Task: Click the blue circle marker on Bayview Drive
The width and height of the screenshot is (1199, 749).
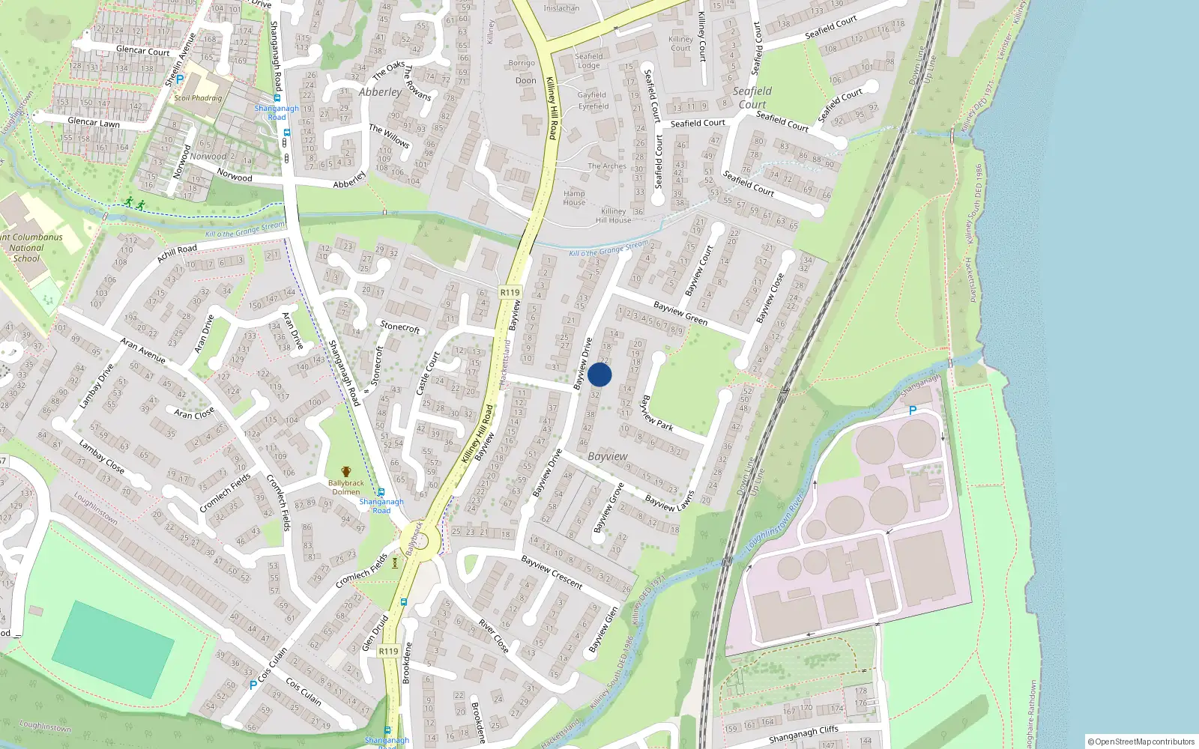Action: pos(599,375)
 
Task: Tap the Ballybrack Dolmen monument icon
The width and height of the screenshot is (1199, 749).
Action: pos(345,471)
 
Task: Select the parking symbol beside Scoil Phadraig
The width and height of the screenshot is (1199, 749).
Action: pos(180,79)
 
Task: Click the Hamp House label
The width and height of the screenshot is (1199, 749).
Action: pos(574,198)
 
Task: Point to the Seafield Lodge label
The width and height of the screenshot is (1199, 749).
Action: pos(588,61)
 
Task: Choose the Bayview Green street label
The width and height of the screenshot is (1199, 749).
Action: pos(680,313)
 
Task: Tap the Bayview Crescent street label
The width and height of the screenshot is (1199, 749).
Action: pos(552,572)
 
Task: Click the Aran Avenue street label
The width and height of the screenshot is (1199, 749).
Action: pos(143,351)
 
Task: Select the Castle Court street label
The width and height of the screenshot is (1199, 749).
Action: pos(427,373)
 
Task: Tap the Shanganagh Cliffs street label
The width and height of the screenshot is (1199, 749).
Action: pos(803,735)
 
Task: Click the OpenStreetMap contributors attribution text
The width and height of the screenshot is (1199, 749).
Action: pos(1141,742)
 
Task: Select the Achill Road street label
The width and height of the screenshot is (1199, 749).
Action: pos(177,253)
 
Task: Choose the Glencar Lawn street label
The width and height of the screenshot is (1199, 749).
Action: pos(94,123)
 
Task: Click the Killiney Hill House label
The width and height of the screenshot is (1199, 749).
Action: pos(613,216)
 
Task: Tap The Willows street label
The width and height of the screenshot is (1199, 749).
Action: pos(389,136)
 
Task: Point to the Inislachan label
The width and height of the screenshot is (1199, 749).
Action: pos(561,9)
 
